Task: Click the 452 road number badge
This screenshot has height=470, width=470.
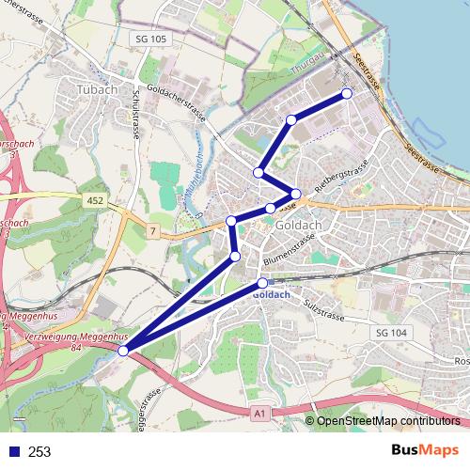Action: point(94,200)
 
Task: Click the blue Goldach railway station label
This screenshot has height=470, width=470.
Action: point(272,294)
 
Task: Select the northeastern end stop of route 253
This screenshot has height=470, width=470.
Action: point(347,93)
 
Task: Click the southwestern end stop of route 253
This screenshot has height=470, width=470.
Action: point(124,351)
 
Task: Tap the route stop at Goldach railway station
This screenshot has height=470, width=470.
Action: point(262,283)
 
